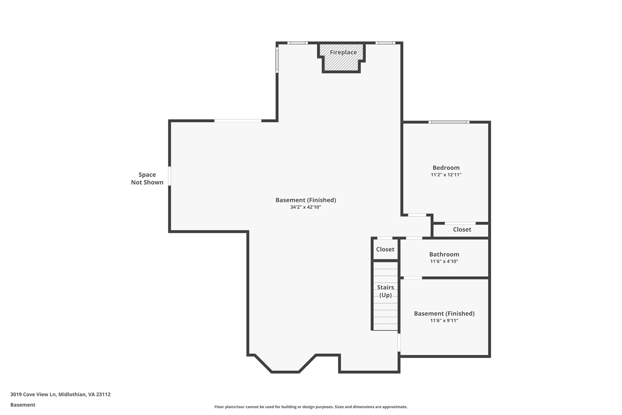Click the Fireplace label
click(x=343, y=52)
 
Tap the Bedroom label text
click(x=446, y=168)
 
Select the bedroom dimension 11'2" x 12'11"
click(x=446, y=175)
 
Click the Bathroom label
click(x=444, y=254)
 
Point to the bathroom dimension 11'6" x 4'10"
click(x=444, y=261)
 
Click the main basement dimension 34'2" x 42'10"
click(x=306, y=207)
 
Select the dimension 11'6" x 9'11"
click(x=444, y=320)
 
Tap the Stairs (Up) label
click(x=385, y=291)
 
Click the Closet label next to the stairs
click(x=385, y=249)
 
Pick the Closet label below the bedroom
click(x=462, y=230)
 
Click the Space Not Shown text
click(x=147, y=178)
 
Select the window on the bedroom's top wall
click(x=449, y=122)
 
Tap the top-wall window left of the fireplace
click(x=297, y=43)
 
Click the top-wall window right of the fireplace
click(x=385, y=43)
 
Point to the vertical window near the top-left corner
click(x=277, y=60)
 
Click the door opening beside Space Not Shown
click(x=169, y=176)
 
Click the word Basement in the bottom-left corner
click(x=23, y=405)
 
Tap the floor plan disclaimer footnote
click(x=311, y=407)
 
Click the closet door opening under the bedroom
click(x=460, y=223)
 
